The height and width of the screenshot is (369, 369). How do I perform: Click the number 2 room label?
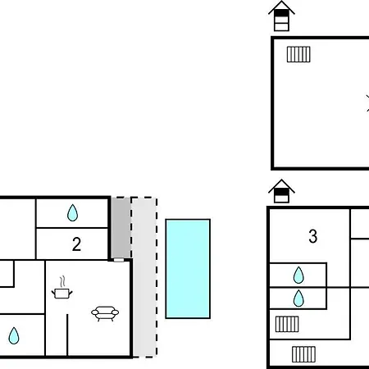(x=76, y=244)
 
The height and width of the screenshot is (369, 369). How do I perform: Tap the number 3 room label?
(x=313, y=236)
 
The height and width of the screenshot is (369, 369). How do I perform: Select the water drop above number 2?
(x=72, y=212)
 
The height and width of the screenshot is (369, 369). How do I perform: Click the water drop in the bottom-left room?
(x=14, y=335)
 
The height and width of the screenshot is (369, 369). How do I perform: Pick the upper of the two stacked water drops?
(x=298, y=275)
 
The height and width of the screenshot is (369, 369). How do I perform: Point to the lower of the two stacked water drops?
(x=298, y=298)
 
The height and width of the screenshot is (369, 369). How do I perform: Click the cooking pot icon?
(x=62, y=293)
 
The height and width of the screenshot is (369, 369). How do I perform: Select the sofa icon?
(x=105, y=313)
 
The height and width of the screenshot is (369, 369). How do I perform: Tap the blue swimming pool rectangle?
(x=188, y=269)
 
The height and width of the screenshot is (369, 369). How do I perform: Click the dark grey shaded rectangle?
(x=121, y=228)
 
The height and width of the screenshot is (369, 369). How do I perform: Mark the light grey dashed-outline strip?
(x=144, y=277)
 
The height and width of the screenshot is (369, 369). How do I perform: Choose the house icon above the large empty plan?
(x=281, y=16)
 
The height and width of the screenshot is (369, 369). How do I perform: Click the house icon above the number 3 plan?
(x=281, y=191)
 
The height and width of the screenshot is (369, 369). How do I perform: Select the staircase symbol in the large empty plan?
(x=298, y=54)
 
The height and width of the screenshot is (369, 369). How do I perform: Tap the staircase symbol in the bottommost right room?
(x=303, y=354)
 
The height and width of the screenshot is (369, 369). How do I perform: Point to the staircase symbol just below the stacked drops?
(x=287, y=324)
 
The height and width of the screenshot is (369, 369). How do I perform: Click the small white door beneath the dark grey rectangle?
(x=119, y=260)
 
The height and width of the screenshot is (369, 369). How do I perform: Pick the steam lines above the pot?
(x=62, y=281)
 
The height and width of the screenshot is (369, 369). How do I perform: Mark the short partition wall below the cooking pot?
(x=67, y=335)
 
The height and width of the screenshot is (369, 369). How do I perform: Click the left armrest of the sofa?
(x=95, y=312)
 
